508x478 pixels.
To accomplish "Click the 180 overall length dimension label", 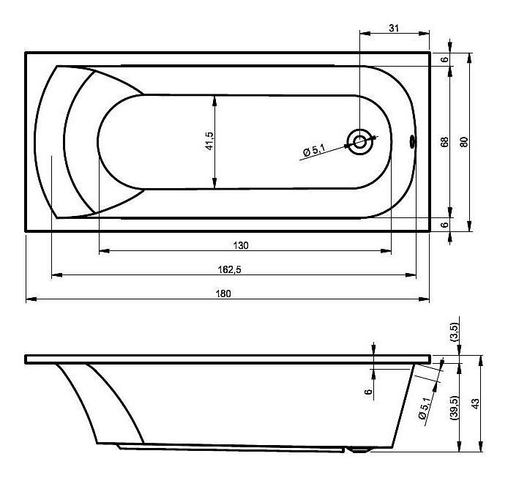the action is (223, 294).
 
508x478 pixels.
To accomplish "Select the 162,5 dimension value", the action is (229, 269).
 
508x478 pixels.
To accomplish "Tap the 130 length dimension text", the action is (241, 246).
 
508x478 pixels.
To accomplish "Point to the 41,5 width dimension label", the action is (209, 141).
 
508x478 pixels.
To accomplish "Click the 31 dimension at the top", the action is (394, 29).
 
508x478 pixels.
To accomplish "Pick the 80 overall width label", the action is (464, 142).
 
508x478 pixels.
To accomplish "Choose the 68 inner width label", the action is (444, 142).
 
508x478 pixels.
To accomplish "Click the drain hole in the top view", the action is (359, 142).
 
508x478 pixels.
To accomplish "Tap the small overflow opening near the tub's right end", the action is (412, 141).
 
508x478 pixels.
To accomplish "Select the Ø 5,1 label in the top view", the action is (314, 151).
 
